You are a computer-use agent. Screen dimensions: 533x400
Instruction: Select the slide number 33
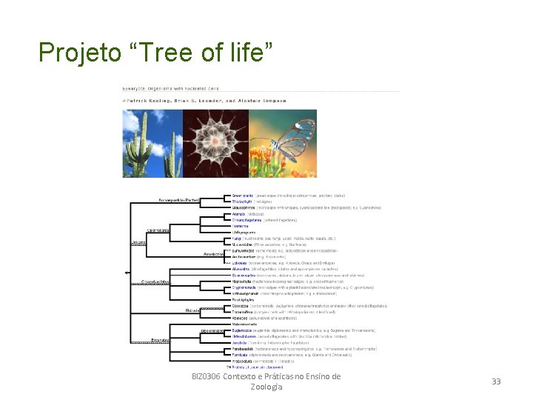click(x=496, y=381)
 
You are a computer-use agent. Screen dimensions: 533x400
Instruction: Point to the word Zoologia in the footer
click(x=266, y=387)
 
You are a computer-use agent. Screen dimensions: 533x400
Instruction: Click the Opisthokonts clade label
click(x=158, y=230)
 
